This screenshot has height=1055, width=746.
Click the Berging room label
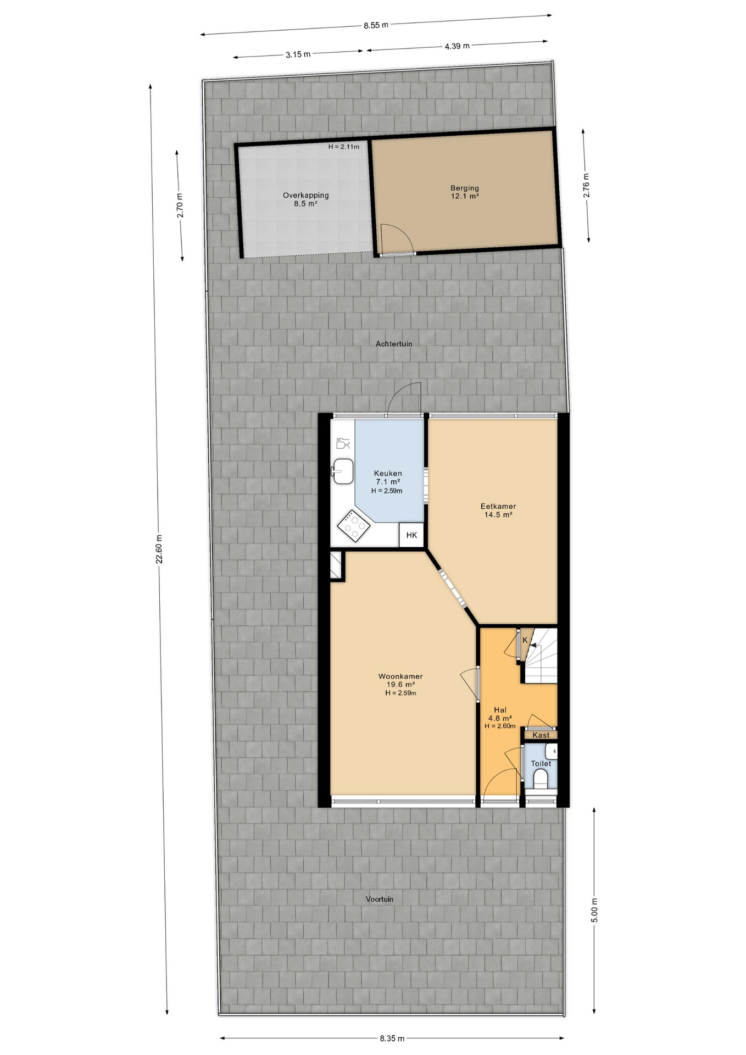(465, 188)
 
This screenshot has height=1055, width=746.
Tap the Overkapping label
(306, 195)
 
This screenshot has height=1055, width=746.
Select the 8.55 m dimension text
(376, 25)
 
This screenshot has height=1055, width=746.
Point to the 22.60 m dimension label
(159, 549)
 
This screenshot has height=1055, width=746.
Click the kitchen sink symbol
(343, 471)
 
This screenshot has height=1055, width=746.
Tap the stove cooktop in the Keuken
(353, 526)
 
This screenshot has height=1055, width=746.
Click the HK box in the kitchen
(411, 535)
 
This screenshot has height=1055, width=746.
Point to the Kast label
(541, 735)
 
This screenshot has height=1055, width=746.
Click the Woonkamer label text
(400, 676)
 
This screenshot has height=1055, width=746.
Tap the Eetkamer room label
(498, 507)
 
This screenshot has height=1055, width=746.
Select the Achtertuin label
(394, 344)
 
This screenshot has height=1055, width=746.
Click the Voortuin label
(380, 899)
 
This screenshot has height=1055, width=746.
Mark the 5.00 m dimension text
(594, 910)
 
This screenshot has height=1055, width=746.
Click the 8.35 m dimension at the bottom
(392, 1039)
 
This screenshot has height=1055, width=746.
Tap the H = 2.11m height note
(344, 147)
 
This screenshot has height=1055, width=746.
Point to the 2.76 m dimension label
(587, 186)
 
